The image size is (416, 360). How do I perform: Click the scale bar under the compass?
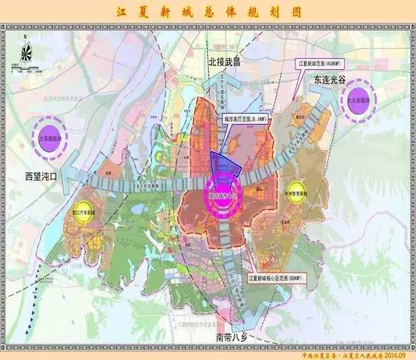click(x=33, y=69)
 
